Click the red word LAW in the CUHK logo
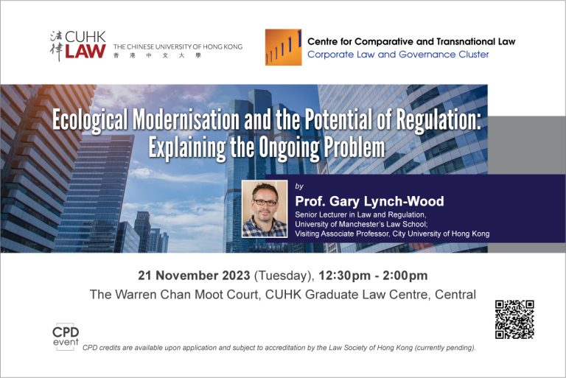coord(85,52)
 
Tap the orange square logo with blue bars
coord(283,47)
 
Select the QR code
coord(514,320)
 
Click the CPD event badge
coord(66,337)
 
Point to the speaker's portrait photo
coord(265,209)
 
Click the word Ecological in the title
coord(90,120)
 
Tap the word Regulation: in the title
coord(439,120)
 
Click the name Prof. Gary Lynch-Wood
coord(369,201)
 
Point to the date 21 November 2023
coord(194,276)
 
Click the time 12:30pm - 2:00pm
coord(373,276)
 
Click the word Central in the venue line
coord(455,294)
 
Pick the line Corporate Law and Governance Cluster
coord(398,55)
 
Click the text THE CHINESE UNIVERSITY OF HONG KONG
coord(178,46)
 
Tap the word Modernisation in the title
coord(186,119)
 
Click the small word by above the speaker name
coord(299,186)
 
